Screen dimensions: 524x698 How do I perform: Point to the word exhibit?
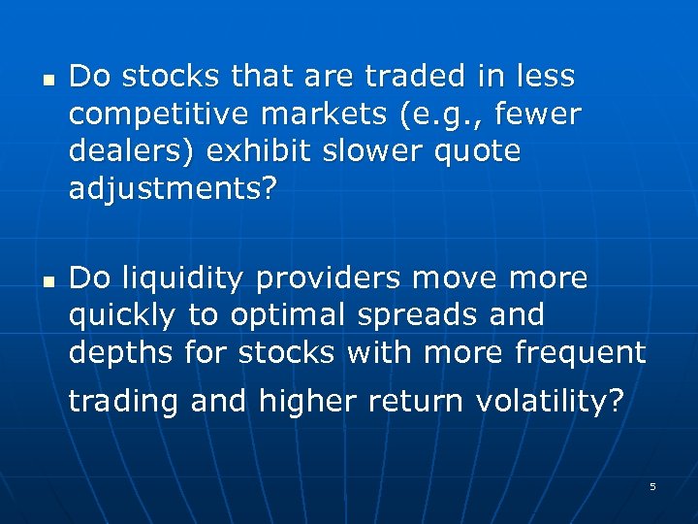241,152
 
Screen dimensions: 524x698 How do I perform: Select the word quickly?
122,316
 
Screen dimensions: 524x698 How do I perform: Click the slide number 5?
652,486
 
